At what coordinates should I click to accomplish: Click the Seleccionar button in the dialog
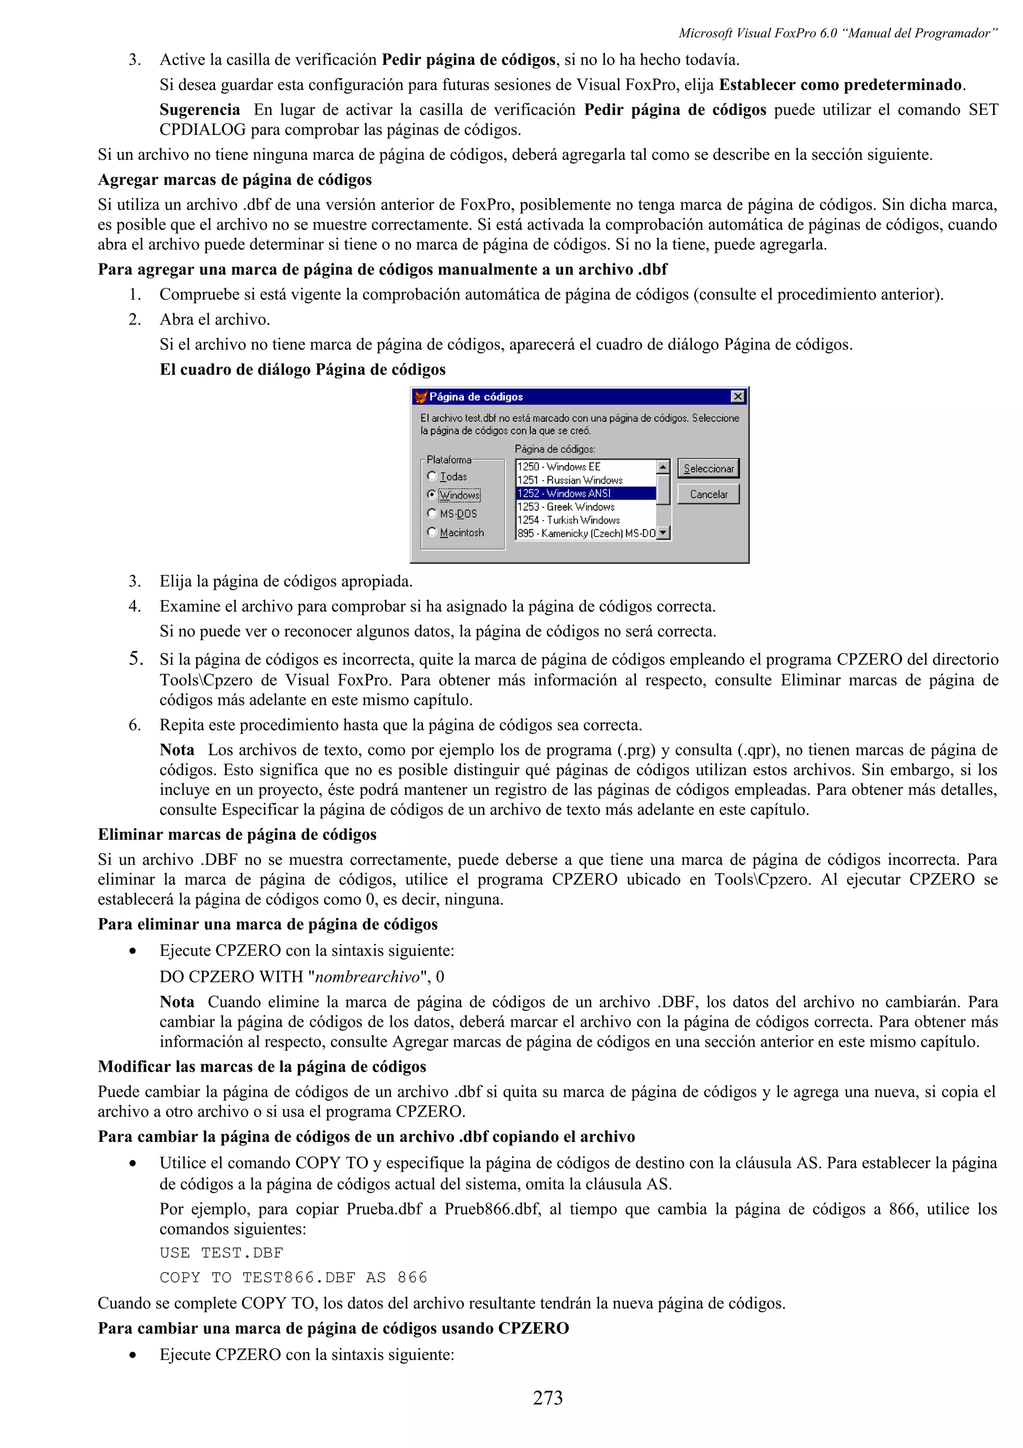(708, 469)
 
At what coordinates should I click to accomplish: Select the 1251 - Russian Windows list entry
(570, 480)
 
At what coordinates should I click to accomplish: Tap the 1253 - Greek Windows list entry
(566, 507)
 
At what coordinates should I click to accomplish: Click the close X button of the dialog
(737, 396)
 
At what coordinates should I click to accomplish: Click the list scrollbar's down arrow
(662, 533)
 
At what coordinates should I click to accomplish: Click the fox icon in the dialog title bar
(421, 397)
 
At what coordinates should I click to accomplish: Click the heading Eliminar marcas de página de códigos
(237, 834)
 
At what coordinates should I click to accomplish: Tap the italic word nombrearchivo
(367, 977)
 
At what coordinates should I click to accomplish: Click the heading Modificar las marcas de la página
(262, 1066)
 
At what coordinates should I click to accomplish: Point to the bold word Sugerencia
(199, 110)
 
